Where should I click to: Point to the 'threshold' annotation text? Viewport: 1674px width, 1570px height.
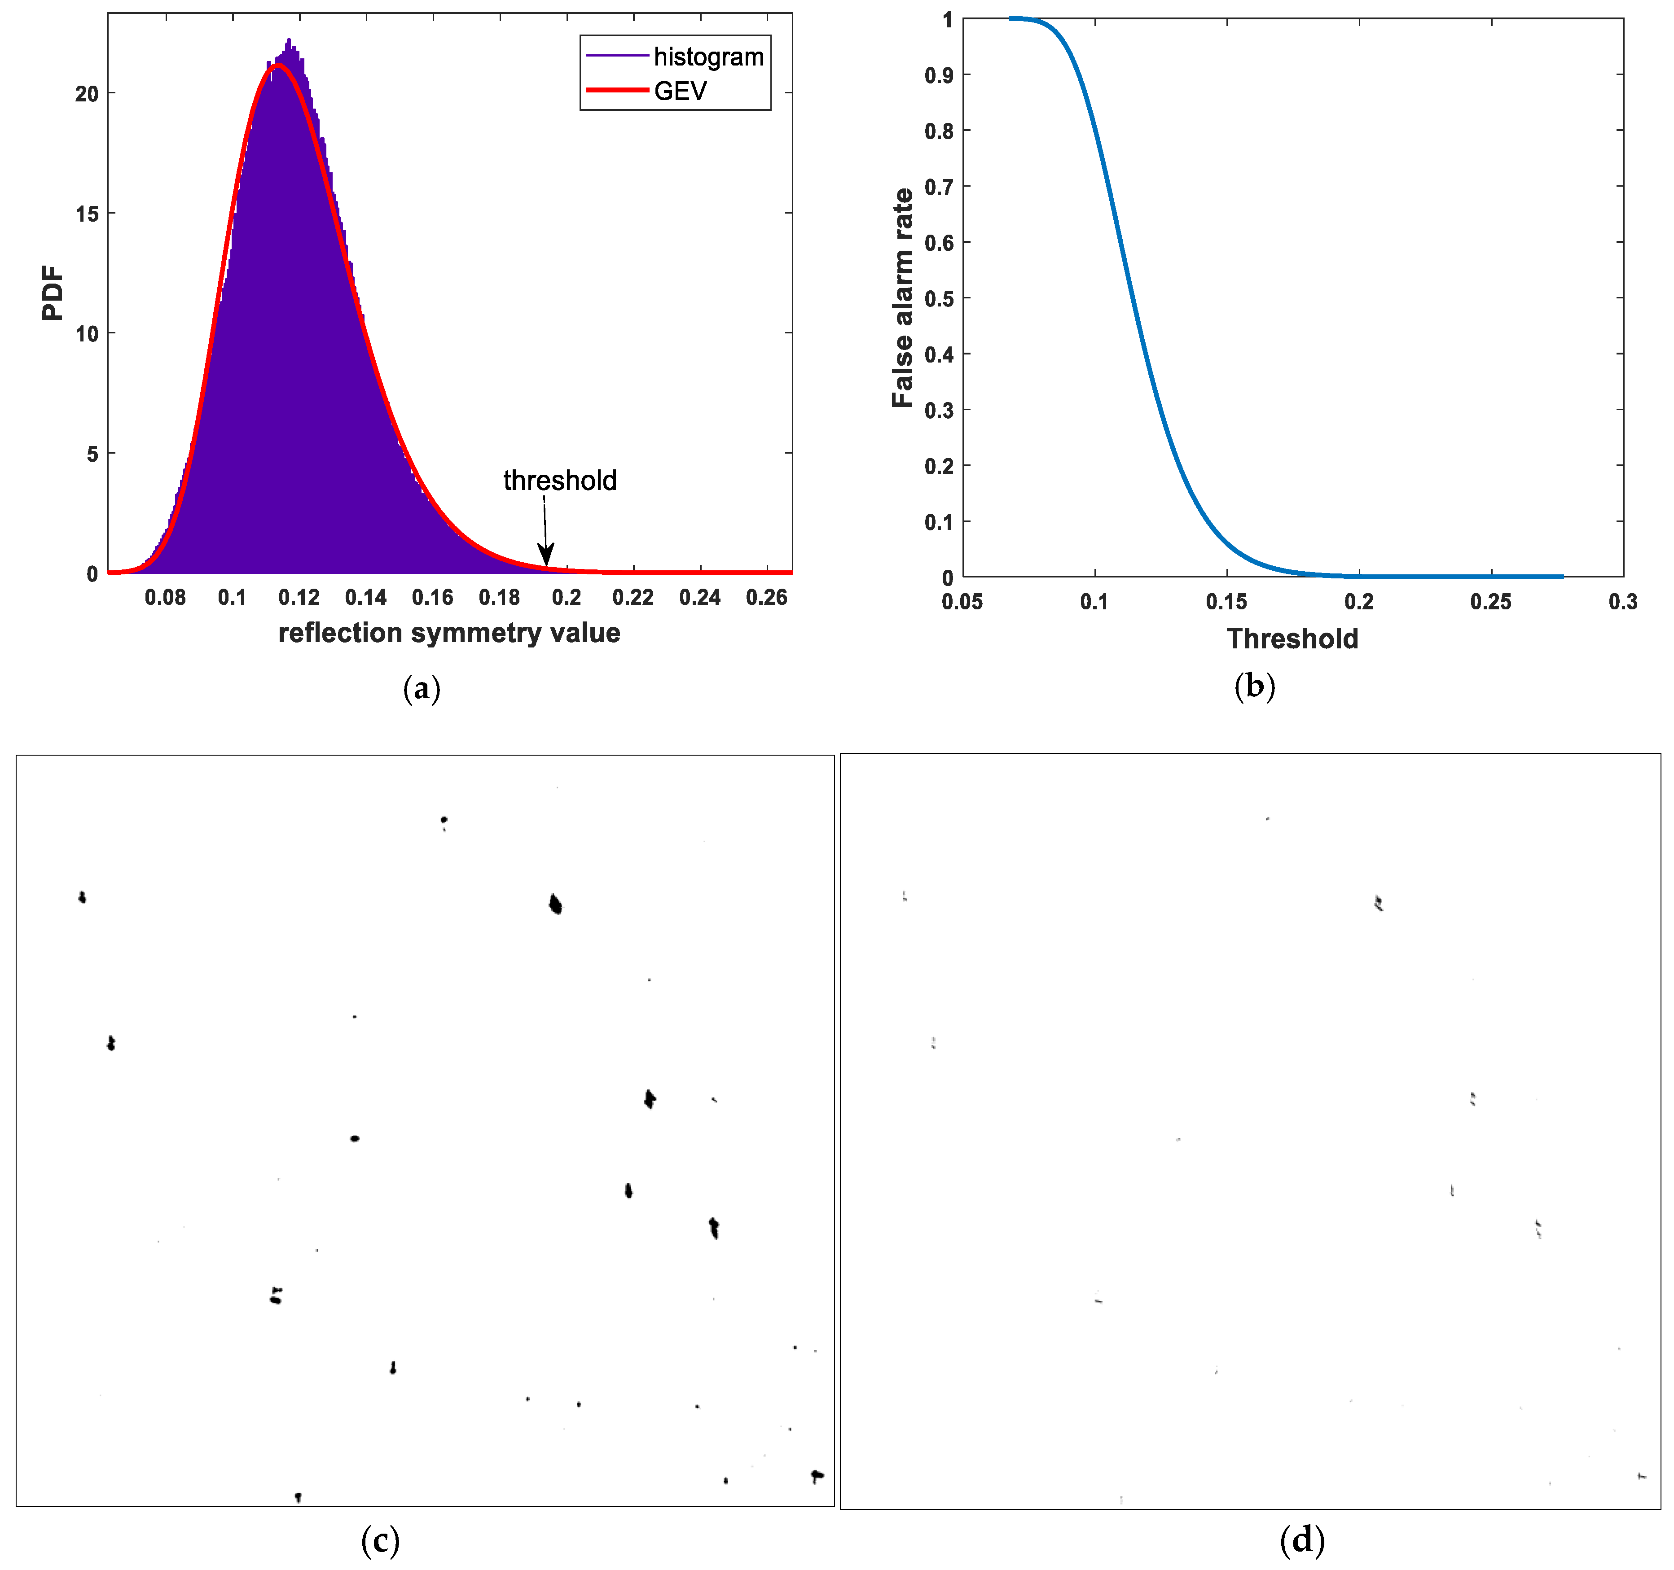[x=560, y=481]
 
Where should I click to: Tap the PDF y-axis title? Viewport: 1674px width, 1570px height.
[x=52, y=293]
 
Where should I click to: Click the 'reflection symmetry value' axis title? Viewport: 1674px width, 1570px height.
[x=449, y=633]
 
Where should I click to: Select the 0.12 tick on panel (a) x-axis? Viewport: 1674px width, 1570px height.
[x=299, y=598]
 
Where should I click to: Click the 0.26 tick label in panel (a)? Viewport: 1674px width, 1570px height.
[x=766, y=598]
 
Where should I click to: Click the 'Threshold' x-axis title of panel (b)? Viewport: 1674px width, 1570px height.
[x=1292, y=639]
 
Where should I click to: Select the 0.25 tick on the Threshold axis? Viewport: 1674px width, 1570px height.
[x=1490, y=602]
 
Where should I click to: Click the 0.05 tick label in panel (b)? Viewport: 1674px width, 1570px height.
[x=962, y=602]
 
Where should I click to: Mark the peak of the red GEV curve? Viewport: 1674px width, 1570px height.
[x=278, y=66]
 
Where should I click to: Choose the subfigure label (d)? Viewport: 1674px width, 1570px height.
[x=1302, y=1540]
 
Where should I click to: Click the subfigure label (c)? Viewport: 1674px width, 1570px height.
[x=380, y=1540]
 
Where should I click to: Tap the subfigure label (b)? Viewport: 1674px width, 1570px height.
[x=1254, y=686]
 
